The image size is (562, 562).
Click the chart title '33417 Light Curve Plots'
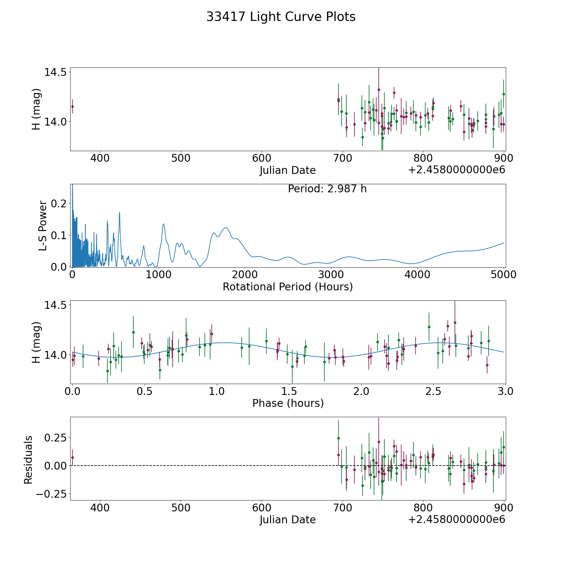coord(281,17)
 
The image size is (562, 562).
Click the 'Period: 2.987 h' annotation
coord(327,189)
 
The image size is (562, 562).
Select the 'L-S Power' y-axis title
coord(43,226)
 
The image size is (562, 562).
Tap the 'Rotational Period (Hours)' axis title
coord(288,287)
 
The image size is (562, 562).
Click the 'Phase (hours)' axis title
coord(288,403)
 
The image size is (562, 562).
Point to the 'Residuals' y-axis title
coord(28,460)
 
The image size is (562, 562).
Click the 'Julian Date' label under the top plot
coord(288,170)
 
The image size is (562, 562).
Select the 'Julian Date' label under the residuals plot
coord(288,520)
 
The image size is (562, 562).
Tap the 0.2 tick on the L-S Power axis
coord(59,203)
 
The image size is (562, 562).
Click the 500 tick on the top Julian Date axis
coord(181,158)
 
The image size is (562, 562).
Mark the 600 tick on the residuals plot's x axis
coord(262,508)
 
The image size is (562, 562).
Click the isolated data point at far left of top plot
coord(72,106)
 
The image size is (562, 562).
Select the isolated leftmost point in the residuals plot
coord(72,457)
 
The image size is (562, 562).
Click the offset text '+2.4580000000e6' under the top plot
coord(456,170)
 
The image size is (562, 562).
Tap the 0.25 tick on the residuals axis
coord(56,438)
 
